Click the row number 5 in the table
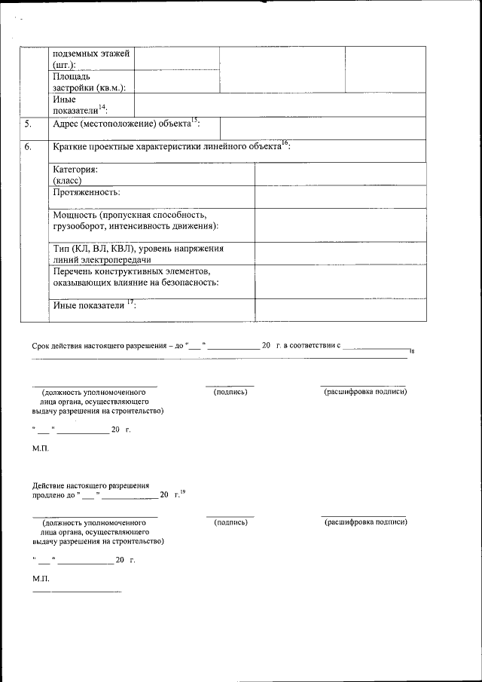pos(28,124)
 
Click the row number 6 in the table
pos(28,147)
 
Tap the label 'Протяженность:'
pos(86,193)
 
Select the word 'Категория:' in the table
pos(75,170)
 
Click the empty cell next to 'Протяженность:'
pos(340,197)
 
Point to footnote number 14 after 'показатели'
pos(102,106)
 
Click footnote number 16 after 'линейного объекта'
pos(285,142)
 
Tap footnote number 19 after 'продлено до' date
pos(182,492)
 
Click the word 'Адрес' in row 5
pos(65,124)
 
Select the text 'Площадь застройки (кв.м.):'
pos(89,81)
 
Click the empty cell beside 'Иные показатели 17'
pos(340,310)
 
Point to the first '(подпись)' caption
pos(229,392)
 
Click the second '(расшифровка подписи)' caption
pos(365,521)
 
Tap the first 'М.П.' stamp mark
pos(41,448)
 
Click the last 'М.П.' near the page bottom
pos(41,578)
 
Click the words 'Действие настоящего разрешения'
pos(90,485)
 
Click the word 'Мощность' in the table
pos(72,215)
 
